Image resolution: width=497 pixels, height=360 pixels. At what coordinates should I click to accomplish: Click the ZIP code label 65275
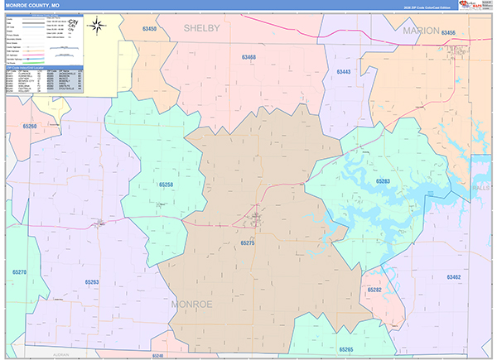(248, 243)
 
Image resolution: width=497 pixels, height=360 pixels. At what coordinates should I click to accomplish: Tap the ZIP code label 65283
(382, 180)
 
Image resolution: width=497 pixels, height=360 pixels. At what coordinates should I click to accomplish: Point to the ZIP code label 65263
(91, 282)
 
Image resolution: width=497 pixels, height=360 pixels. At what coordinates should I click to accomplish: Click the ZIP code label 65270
(20, 271)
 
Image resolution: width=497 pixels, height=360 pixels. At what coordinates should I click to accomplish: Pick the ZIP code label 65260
(30, 126)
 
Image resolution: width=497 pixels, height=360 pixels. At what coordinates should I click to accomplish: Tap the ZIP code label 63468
(249, 57)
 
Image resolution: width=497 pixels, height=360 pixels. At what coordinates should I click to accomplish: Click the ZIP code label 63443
(344, 72)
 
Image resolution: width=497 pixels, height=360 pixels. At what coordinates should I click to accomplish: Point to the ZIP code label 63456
(448, 32)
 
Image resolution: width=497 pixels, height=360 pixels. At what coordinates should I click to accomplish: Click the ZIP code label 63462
(453, 276)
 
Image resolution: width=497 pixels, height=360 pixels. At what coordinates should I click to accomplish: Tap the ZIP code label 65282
(374, 290)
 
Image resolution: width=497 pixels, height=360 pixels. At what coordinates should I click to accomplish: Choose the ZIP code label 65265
(346, 349)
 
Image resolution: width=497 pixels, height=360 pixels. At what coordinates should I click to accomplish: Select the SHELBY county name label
(201, 28)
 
